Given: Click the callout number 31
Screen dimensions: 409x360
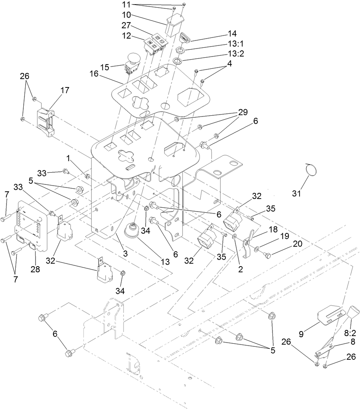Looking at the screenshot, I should click(x=297, y=193).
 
